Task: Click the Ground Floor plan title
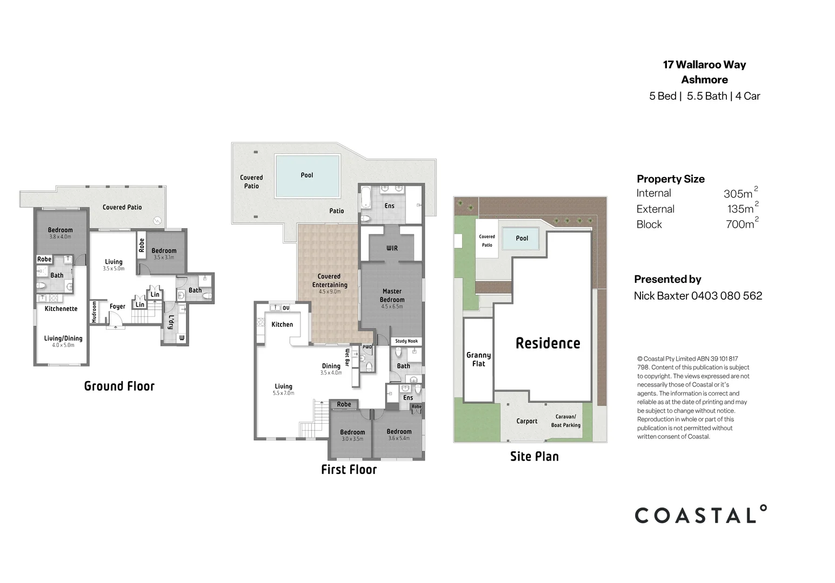pyautogui.click(x=119, y=386)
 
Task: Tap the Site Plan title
pyautogui.click(x=534, y=457)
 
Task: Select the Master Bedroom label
pyautogui.click(x=392, y=296)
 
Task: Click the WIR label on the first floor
pyautogui.click(x=392, y=248)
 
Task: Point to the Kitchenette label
pyautogui.click(x=61, y=309)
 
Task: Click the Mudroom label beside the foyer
pyautogui.click(x=95, y=312)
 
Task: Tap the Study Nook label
pyautogui.click(x=406, y=341)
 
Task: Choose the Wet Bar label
pyautogui.click(x=348, y=357)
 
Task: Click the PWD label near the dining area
pyautogui.click(x=367, y=347)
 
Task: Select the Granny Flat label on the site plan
pyautogui.click(x=479, y=360)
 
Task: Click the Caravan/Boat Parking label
pyautogui.click(x=566, y=421)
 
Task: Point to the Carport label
pyautogui.click(x=527, y=421)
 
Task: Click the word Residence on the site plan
pyautogui.click(x=548, y=343)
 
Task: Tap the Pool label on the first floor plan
pyautogui.click(x=307, y=175)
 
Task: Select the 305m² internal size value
pyautogui.click(x=740, y=193)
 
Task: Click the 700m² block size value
pyautogui.click(x=742, y=223)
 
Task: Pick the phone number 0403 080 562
pyautogui.click(x=726, y=296)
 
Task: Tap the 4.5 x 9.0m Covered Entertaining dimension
pyautogui.click(x=330, y=292)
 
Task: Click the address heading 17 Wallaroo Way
pyautogui.click(x=705, y=65)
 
